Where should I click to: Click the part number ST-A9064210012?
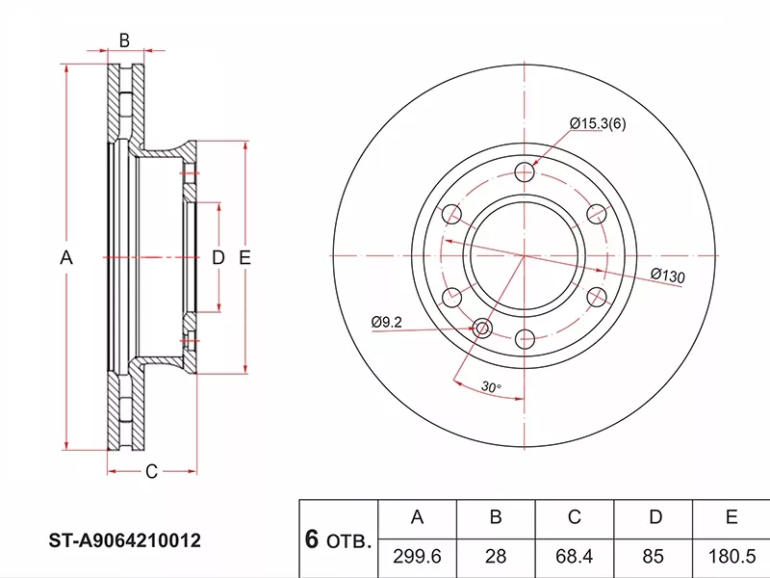pyautogui.click(x=125, y=541)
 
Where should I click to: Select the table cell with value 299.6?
pyautogui.click(x=418, y=557)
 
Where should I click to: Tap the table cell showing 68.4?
pyautogui.click(x=575, y=557)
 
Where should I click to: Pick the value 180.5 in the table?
pyautogui.click(x=731, y=557)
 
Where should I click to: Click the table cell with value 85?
pyautogui.click(x=655, y=557)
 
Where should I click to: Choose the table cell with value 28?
pyautogui.click(x=496, y=557)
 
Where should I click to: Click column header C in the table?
pyautogui.click(x=575, y=517)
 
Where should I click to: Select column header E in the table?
pyautogui.click(x=731, y=517)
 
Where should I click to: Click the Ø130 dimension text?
pyautogui.click(x=667, y=276)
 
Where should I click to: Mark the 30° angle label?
pyautogui.click(x=491, y=387)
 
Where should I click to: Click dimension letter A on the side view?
pyautogui.click(x=66, y=257)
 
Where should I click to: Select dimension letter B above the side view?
pyautogui.click(x=124, y=39)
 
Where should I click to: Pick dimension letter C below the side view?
pyautogui.click(x=151, y=471)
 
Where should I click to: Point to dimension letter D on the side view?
pyautogui.click(x=218, y=257)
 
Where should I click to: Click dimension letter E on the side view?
pyautogui.click(x=244, y=257)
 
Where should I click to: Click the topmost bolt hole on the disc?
pyautogui.click(x=525, y=172)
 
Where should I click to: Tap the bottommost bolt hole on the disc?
pyautogui.click(x=525, y=338)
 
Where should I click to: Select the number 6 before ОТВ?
pyautogui.click(x=312, y=541)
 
